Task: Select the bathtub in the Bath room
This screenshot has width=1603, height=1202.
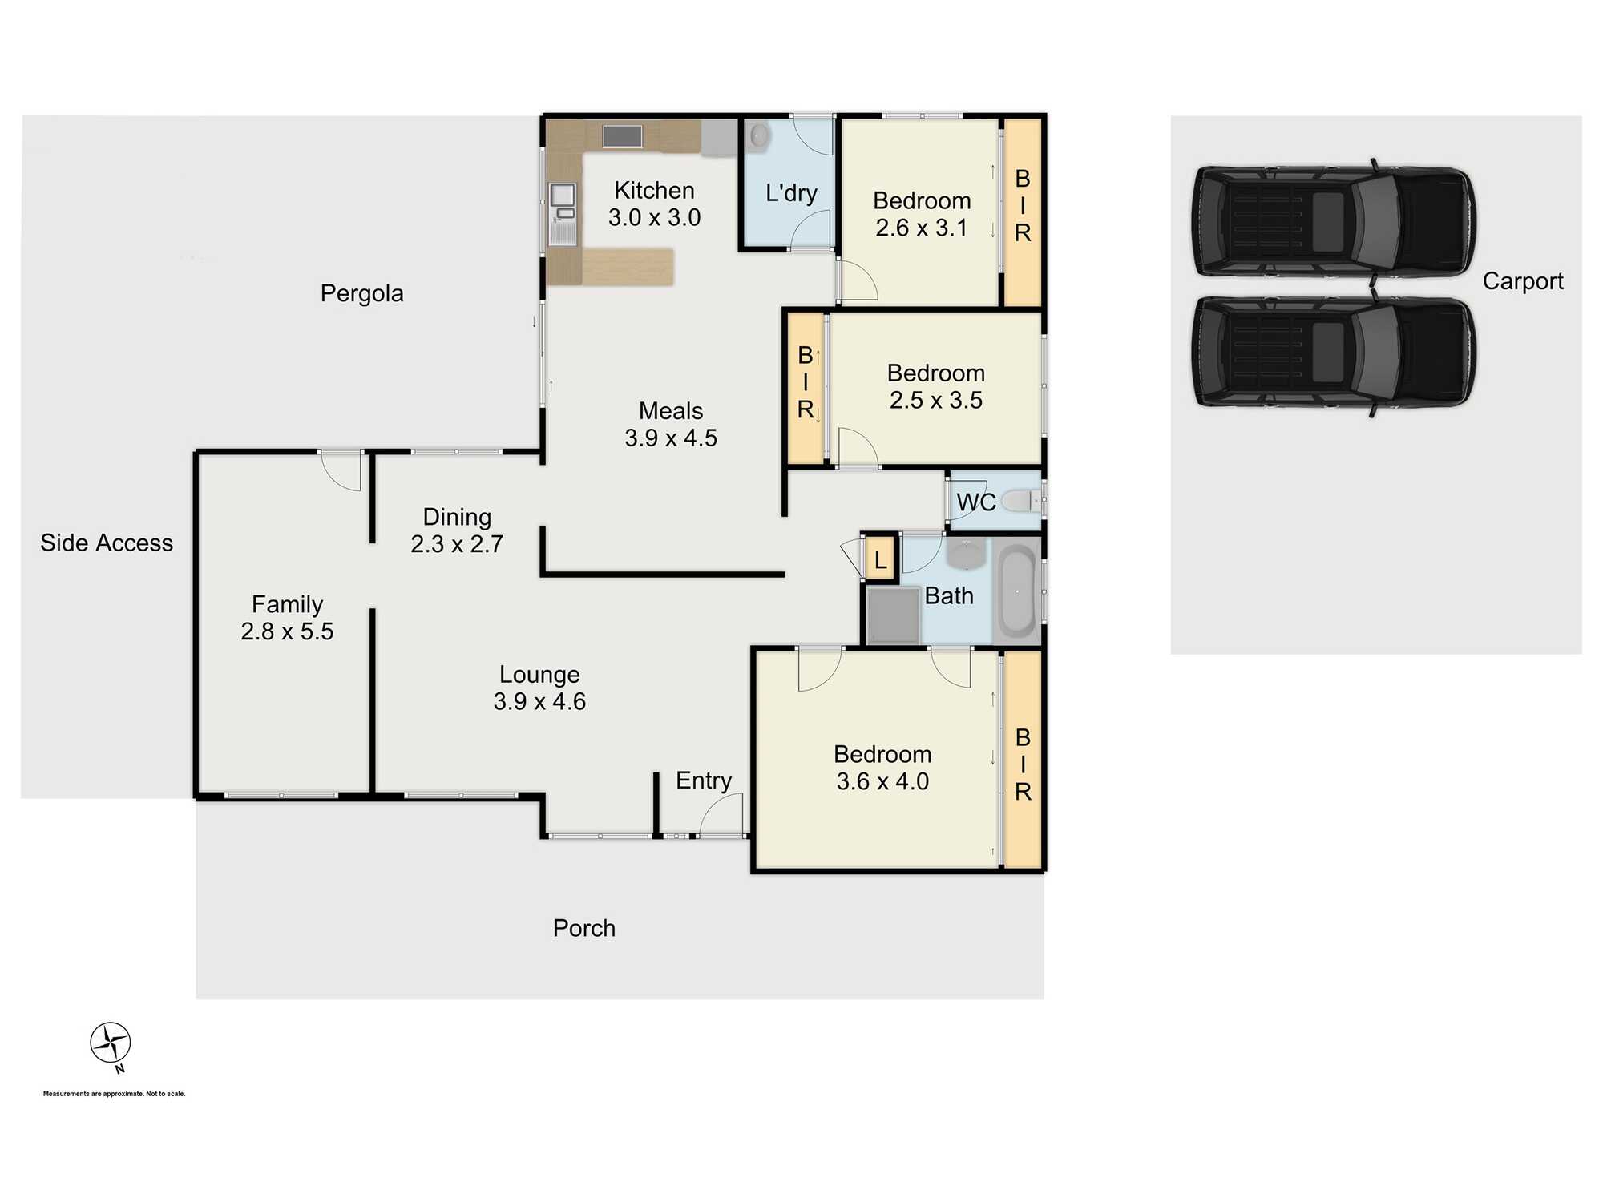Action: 1016,592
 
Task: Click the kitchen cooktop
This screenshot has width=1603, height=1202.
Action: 622,136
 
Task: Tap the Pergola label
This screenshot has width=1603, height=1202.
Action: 361,293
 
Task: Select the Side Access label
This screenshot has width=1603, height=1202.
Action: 107,543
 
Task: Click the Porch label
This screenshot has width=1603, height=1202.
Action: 583,928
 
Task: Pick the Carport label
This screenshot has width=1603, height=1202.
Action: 1522,281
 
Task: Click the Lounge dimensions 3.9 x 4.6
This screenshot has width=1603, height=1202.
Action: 539,702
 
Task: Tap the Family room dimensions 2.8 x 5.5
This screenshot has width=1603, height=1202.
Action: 287,631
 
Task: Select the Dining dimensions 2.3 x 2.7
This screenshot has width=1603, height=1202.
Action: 457,544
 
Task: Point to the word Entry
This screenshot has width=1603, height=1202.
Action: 703,780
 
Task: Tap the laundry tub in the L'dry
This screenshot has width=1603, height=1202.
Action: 758,135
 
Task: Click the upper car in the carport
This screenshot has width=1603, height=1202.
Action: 1333,222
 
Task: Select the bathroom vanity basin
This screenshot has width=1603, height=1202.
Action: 967,553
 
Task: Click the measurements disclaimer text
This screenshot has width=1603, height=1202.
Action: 114,1094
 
